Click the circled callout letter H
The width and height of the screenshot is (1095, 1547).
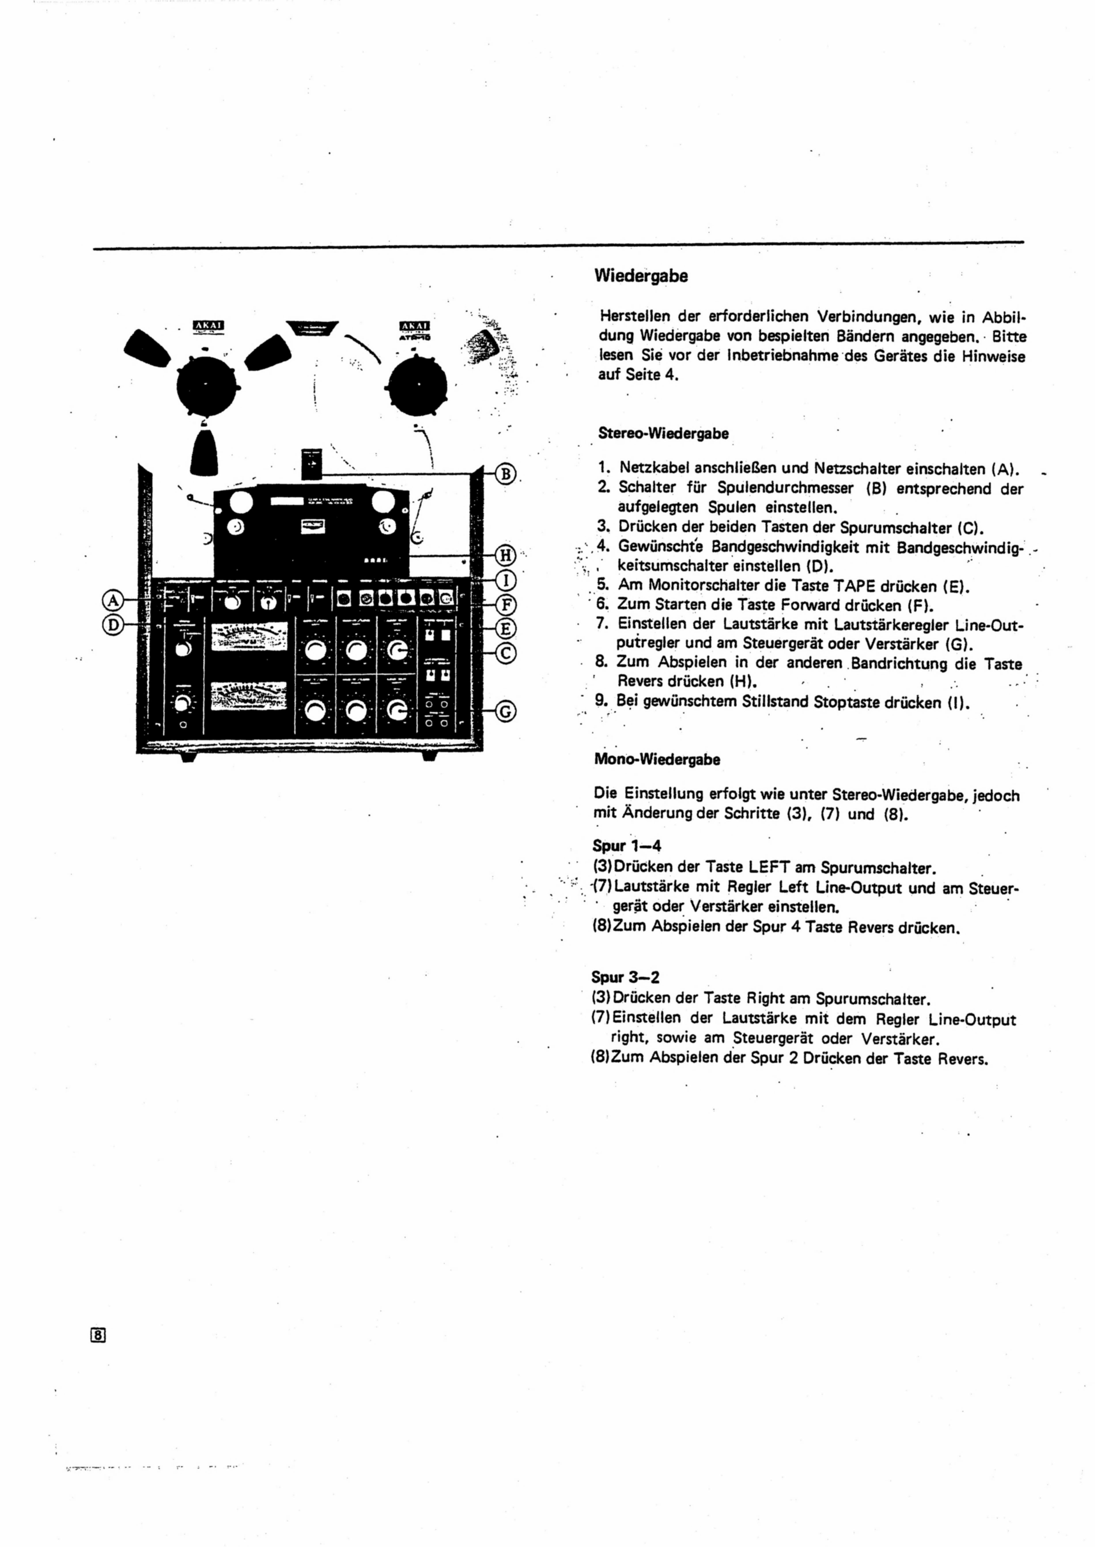pos(506,555)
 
